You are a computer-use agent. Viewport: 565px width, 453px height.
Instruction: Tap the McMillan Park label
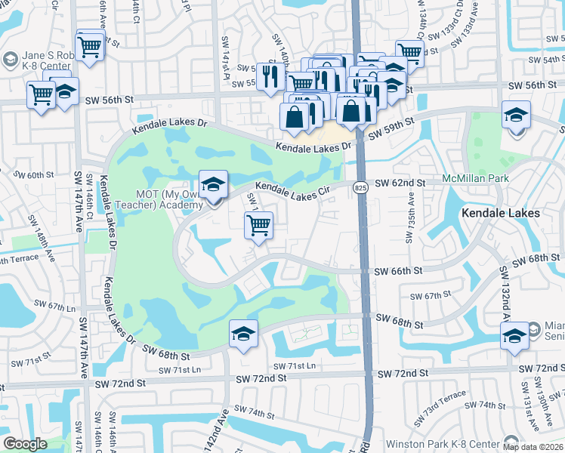(x=476, y=179)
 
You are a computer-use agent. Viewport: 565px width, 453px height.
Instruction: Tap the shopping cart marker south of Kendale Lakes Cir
(x=258, y=225)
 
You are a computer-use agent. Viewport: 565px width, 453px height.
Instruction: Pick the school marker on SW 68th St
(x=243, y=334)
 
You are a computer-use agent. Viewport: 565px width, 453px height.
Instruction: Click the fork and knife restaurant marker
(x=269, y=75)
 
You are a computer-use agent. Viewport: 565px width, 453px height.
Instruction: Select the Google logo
(x=25, y=444)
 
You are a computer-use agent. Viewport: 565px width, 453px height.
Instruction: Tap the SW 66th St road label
(x=401, y=270)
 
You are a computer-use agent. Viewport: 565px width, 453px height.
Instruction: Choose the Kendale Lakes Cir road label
(x=294, y=190)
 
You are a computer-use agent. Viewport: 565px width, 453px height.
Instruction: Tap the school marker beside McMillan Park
(x=517, y=115)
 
